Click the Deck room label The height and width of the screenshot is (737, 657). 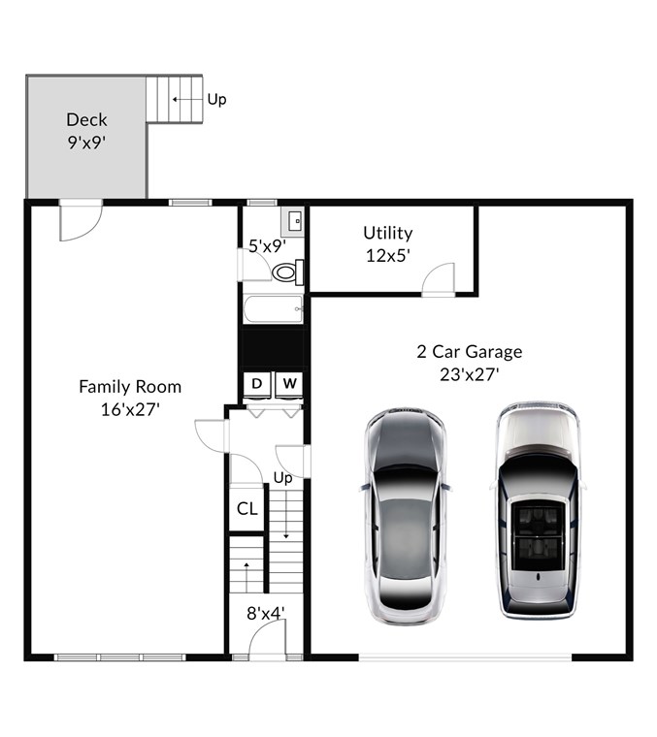[86, 120]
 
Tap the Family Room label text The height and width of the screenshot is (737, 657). [130, 387]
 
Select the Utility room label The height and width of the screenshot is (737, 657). [388, 233]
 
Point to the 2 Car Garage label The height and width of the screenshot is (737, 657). [470, 352]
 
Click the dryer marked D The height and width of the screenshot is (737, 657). [257, 385]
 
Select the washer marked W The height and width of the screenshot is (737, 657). [289, 385]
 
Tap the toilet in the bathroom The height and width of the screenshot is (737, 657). [288, 272]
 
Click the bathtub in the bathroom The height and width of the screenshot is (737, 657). [274, 309]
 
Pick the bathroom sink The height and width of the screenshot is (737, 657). [292, 221]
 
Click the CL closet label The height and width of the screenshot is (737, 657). [246, 508]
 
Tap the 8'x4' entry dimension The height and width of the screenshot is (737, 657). [266, 614]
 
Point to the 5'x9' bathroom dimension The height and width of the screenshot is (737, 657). [267, 245]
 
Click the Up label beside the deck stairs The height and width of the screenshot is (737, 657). [216, 100]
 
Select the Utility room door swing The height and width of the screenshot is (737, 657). [439, 279]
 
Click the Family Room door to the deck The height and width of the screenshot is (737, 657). [81, 220]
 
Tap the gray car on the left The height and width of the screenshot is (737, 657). [406, 516]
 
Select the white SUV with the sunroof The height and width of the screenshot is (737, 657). [538, 510]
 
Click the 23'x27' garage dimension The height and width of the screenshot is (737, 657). [470, 375]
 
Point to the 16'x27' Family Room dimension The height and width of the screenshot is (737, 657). [130, 410]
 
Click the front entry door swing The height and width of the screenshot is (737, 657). [267, 640]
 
